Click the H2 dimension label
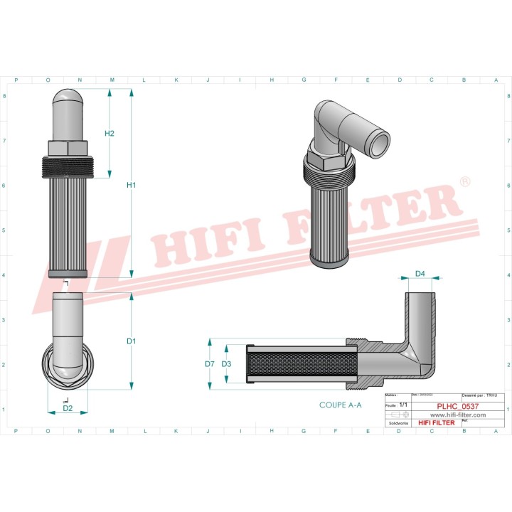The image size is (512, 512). tap(110, 134)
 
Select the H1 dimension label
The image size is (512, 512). tap(131, 186)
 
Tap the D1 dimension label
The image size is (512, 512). tap(131, 341)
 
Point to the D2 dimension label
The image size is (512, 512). tap(68, 408)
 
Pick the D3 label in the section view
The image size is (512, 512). tap(226, 364)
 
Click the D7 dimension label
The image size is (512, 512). tap(209, 364)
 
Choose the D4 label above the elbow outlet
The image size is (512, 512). tap(420, 274)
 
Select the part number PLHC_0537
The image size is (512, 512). tap(457, 406)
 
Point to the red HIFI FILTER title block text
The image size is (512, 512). tap(434, 423)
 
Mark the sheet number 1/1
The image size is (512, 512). tap(403, 404)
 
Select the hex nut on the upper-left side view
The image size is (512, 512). tap(70, 147)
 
